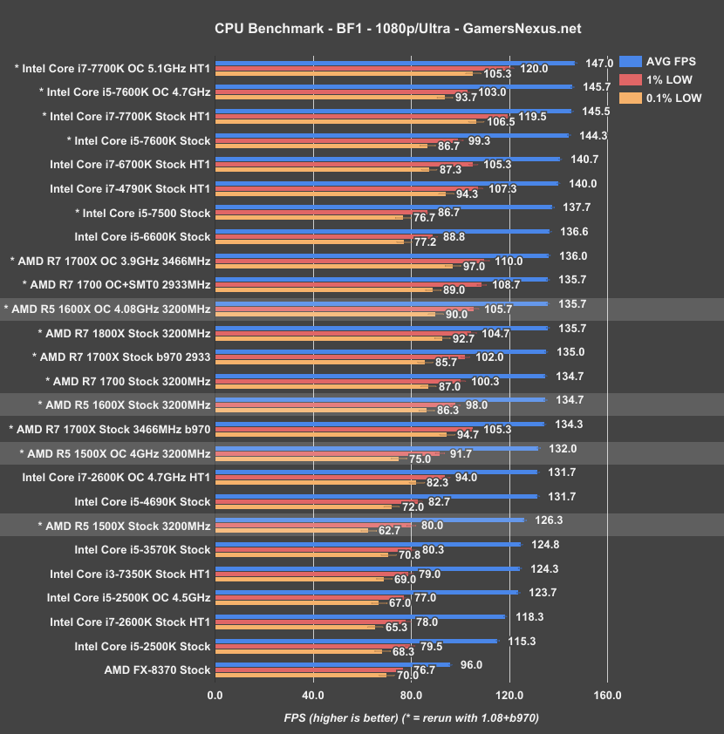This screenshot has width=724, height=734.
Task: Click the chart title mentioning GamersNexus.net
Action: coord(361,29)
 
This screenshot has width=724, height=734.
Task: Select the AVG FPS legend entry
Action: coord(673,61)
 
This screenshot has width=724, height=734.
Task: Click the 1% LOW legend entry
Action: coord(667,79)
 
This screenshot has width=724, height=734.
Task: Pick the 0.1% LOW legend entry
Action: coord(673,99)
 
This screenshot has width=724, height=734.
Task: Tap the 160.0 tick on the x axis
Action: coord(607,696)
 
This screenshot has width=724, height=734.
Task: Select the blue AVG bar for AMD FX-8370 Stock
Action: coord(331,664)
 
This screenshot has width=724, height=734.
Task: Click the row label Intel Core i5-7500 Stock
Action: coord(142,213)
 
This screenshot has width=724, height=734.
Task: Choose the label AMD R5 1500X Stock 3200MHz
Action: coord(124,526)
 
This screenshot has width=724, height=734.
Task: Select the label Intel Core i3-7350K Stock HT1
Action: coord(130,574)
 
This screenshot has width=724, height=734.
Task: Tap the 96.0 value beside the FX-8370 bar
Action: coord(472,664)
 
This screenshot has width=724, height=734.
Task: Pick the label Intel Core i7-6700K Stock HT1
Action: coord(130,164)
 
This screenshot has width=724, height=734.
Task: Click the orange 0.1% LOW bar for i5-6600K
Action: coord(309,241)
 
